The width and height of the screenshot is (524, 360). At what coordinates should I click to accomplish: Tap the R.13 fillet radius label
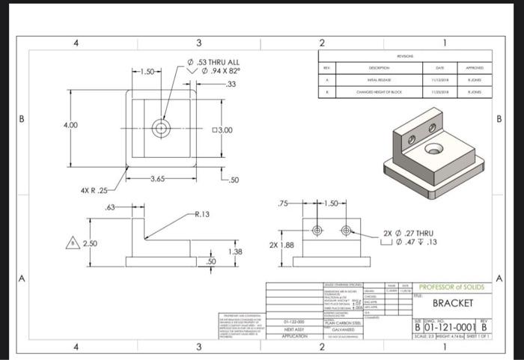[x=200, y=214]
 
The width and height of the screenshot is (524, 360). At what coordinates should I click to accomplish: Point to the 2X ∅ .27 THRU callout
[x=409, y=234]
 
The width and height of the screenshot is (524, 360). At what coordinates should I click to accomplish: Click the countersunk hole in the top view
[x=160, y=128]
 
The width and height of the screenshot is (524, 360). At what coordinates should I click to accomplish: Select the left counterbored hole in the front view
[x=317, y=229]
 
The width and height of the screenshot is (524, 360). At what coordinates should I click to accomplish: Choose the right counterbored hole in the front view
[x=346, y=229]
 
